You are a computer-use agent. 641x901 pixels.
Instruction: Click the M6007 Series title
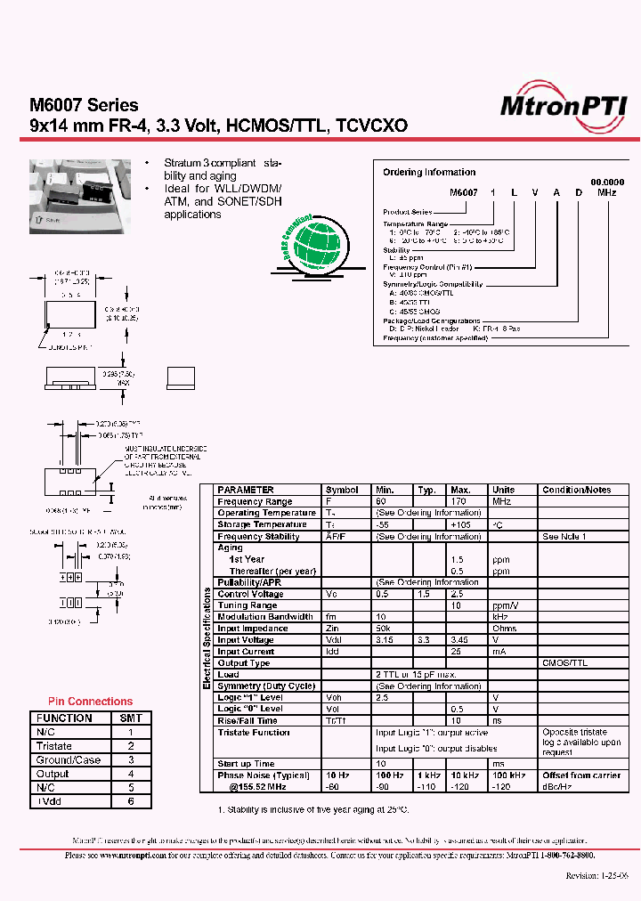click(x=84, y=107)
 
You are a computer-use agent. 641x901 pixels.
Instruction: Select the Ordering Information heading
click(x=429, y=172)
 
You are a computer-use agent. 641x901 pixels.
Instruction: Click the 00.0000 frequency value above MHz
click(x=607, y=182)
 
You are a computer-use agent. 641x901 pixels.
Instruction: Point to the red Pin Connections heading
click(x=90, y=702)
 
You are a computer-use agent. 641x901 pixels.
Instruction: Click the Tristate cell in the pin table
click(x=54, y=746)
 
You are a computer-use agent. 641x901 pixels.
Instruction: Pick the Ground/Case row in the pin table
click(x=68, y=760)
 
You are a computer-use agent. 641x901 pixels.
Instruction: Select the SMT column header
click(x=131, y=718)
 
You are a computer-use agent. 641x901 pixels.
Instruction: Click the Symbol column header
click(x=342, y=490)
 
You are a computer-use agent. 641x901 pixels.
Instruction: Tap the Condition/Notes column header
click(x=576, y=490)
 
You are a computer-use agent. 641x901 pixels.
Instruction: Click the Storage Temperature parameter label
click(x=262, y=524)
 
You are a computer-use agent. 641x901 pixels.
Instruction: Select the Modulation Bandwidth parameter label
click(x=265, y=617)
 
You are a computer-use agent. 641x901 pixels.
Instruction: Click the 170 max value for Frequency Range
click(x=459, y=501)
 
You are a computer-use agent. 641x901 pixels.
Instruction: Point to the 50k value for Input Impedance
click(x=384, y=629)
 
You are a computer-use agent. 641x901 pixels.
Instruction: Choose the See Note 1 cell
click(x=564, y=536)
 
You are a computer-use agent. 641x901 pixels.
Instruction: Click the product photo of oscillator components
click(x=76, y=190)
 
